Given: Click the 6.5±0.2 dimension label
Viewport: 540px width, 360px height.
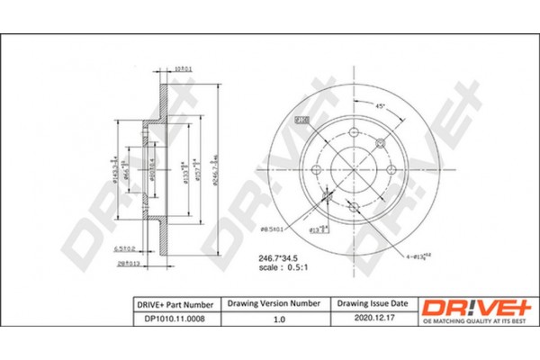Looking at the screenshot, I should (130, 248).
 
